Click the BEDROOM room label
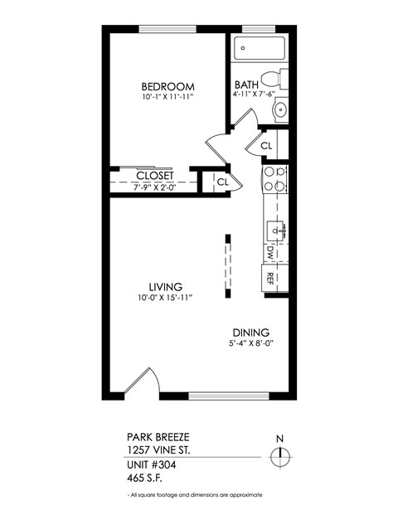click(x=167, y=87)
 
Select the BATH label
click(x=246, y=85)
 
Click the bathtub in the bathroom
click(x=259, y=49)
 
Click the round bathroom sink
click(x=279, y=109)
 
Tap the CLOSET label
click(x=154, y=177)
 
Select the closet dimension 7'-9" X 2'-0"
click(x=154, y=188)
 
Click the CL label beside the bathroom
click(x=266, y=146)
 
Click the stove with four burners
click(x=274, y=180)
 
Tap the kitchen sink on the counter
click(x=276, y=226)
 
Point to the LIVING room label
click(x=166, y=286)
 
